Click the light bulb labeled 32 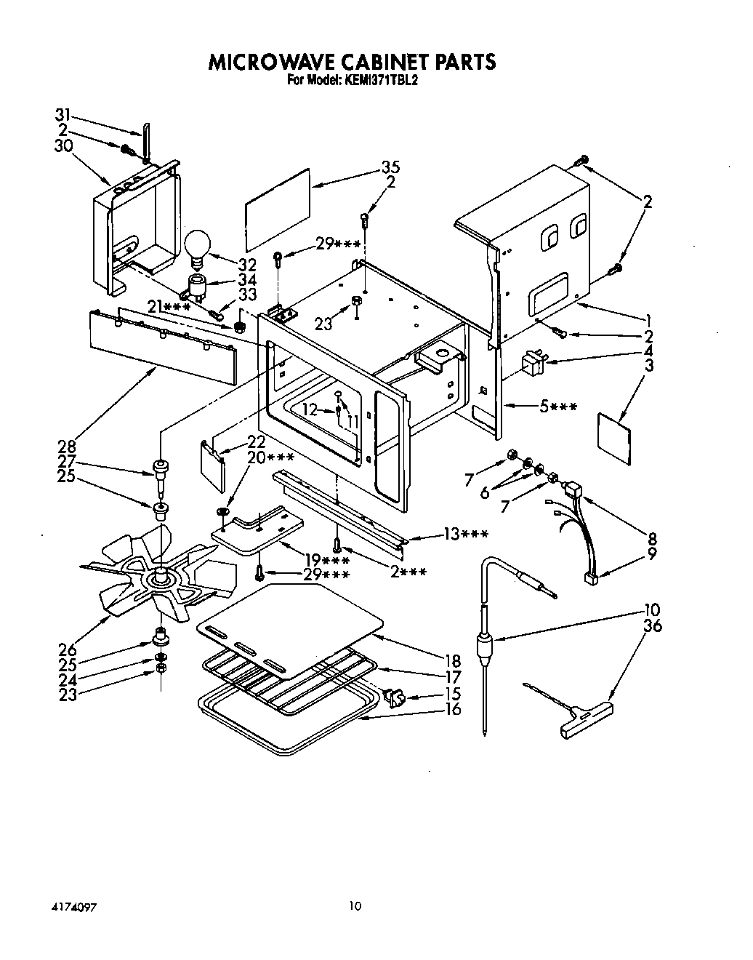click(x=196, y=247)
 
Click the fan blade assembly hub click(x=160, y=579)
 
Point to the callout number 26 click(x=68, y=650)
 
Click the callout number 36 click(x=653, y=625)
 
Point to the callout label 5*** click(x=558, y=407)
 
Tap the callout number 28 click(x=68, y=445)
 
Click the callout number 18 click(x=452, y=661)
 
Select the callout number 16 click(x=452, y=709)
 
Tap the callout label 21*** click(x=169, y=308)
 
